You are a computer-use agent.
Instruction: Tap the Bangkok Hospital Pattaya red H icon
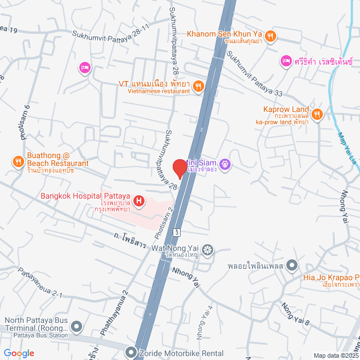coord(138,200)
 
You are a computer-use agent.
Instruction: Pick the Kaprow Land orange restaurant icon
coord(317,114)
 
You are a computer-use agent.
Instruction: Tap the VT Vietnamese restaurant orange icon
coord(198,86)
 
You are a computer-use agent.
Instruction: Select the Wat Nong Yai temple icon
coord(208,249)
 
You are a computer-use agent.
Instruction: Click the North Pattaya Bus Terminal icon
coord(76,326)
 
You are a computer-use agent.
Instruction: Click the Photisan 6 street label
coord(25,123)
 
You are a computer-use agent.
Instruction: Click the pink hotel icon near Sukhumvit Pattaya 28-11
coord(85,67)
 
